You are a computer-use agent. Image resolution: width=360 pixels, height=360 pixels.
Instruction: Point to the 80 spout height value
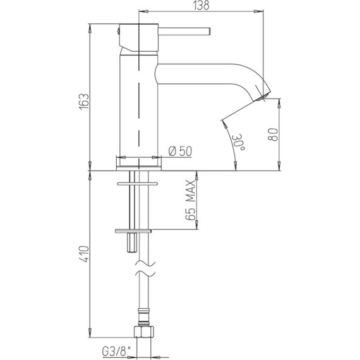273,135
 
